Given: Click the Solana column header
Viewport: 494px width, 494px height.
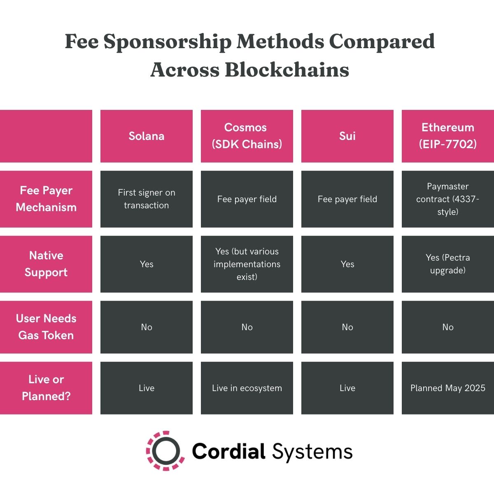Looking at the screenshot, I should (x=147, y=136).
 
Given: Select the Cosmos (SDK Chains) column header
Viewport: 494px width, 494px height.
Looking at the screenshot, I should (x=247, y=136).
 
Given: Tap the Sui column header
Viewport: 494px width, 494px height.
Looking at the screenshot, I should (x=347, y=136).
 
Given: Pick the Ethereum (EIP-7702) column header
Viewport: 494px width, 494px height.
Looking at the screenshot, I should (x=448, y=136).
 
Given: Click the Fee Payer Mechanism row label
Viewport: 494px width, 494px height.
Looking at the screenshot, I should (x=46, y=199).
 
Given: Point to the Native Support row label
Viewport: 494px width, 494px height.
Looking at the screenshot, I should (x=46, y=264).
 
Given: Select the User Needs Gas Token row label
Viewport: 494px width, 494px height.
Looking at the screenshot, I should (x=46, y=327).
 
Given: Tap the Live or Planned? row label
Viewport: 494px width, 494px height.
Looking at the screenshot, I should (x=46, y=388).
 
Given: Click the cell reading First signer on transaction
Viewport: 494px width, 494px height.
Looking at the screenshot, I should (x=147, y=199).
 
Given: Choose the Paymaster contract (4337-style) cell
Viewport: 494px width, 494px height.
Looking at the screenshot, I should (x=448, y=199).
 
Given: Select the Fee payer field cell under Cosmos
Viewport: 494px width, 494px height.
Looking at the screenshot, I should (x=247, y=199).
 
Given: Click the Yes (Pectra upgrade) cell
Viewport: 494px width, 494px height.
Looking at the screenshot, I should (x=448, y=264).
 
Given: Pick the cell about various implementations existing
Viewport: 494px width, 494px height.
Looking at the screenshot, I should (x=247, y=264).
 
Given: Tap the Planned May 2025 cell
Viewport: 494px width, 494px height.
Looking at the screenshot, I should (x=448, y=388).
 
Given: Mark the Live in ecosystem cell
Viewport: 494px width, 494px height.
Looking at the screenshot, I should (x=247, y=388).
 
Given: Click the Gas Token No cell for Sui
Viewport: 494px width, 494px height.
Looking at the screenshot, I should (x=347, y=327).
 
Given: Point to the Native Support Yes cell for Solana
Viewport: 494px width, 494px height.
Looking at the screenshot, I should (x=147, y=264).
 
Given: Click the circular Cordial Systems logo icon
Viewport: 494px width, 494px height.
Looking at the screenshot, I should (x=164, y=451).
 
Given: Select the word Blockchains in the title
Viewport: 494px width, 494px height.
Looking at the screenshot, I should (x=287, y=70).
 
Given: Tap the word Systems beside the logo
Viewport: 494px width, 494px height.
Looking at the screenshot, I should (x=312, y=452).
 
